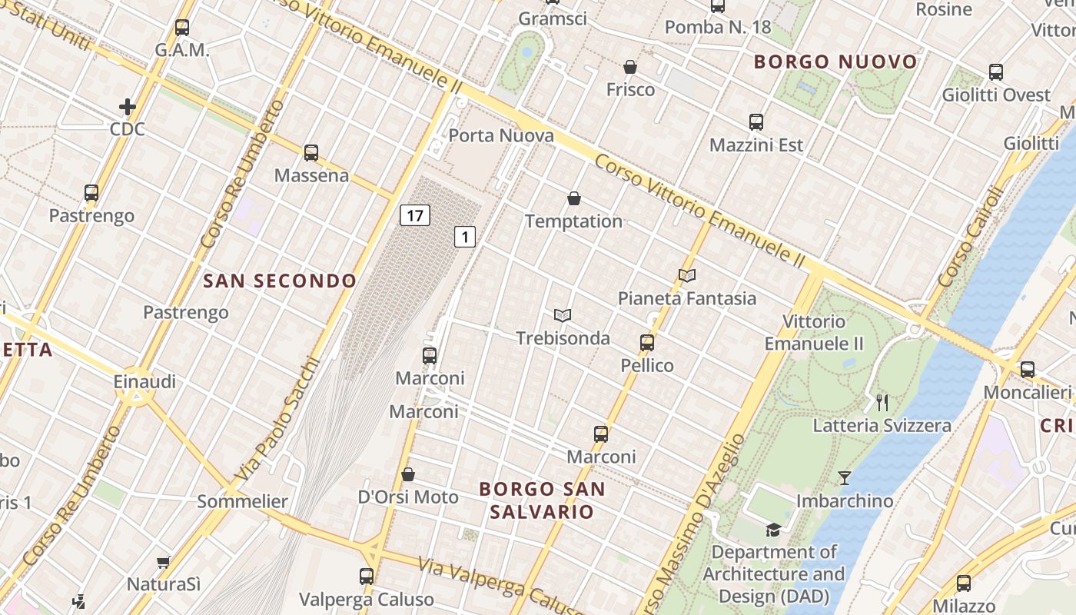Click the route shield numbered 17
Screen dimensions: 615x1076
414,215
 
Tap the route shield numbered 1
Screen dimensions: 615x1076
464,237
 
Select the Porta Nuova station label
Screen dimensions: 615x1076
500,136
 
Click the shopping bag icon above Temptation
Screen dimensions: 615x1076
573,198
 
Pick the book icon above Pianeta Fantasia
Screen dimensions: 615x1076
687,275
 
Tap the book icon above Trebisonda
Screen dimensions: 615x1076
563,315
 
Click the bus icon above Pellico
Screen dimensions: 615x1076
647,343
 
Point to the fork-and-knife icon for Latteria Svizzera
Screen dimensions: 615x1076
882,402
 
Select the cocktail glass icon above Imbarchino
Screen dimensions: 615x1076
844,478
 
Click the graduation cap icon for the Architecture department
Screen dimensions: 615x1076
773,530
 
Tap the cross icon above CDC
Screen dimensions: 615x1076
128,106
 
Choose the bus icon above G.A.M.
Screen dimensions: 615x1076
182,28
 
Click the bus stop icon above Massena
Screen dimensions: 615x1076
311,153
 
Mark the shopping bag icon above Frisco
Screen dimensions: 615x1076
630,67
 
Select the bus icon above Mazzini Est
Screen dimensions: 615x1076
756,122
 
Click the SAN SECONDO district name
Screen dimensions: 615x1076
280,281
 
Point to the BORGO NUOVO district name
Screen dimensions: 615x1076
836,61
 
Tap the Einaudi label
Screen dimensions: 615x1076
144,381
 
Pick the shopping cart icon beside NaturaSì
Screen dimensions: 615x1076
164,562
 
